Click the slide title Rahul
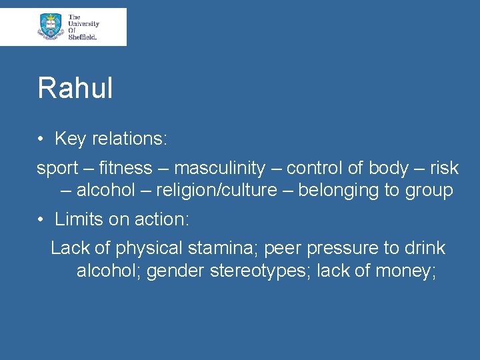[x=75, y=88]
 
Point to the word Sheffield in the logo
[x=83, y=37]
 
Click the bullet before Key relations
[x=41, y=139]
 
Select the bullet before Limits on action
[x=41, y=219]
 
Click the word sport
[x=57, y=169]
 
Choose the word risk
[x=445, y=169]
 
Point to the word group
[x=428, y=191]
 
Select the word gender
[x=175, y=271]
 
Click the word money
[x=405, y=271]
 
